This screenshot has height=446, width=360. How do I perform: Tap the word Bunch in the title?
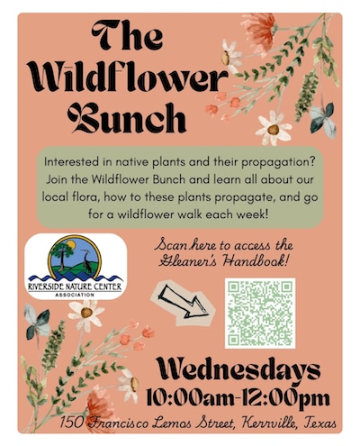point(132,118)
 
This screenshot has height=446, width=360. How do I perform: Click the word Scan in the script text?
point(173,245)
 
